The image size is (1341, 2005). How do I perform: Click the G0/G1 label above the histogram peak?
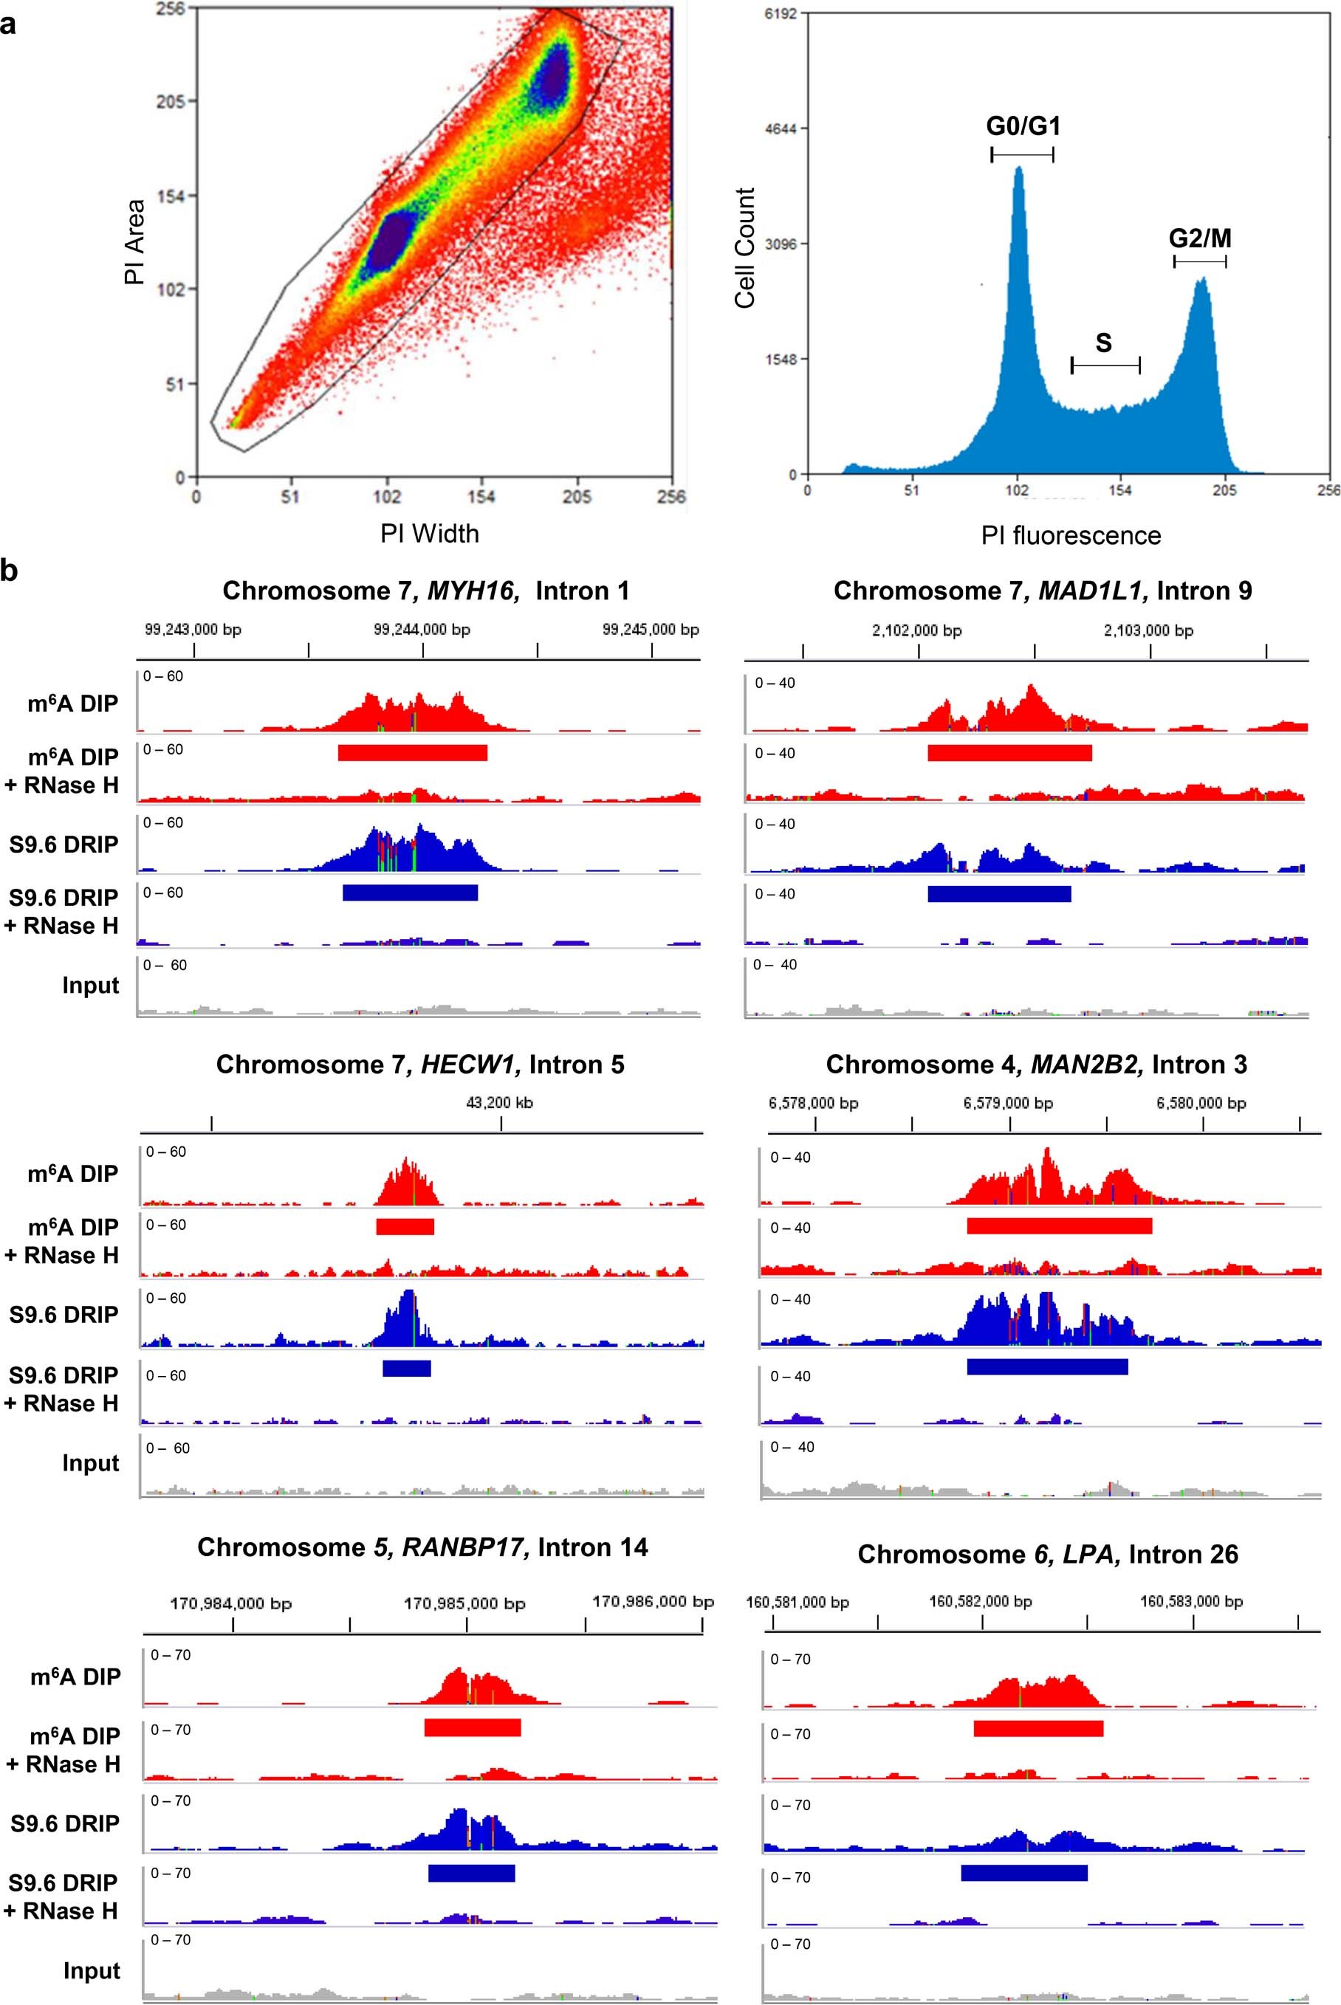1023,126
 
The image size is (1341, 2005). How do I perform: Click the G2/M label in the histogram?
1200,238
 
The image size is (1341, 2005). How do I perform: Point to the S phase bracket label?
1103,343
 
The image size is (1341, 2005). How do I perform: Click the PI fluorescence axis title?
1071,536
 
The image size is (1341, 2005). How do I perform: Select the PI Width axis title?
429,534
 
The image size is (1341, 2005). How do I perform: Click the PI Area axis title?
134,242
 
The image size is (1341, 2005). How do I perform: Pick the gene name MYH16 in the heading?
473,591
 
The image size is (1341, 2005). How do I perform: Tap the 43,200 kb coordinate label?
499,1102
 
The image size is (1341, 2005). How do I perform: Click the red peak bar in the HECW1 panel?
405,1226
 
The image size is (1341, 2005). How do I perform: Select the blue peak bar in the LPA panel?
1023,1872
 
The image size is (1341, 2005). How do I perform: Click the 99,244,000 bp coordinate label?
422,629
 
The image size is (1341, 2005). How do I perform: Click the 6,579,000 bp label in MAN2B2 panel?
1007,1103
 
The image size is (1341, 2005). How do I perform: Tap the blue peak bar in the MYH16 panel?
410,893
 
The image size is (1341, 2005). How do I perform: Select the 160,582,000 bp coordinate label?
980,1600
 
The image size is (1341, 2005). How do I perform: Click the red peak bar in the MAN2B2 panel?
1059,1226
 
